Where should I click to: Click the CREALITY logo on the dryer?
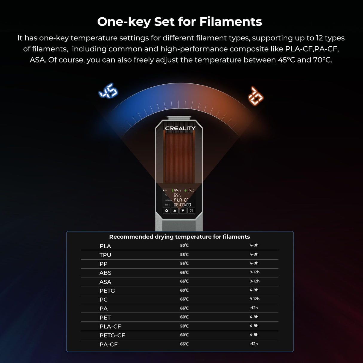pos(180,128)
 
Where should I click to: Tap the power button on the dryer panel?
pos(191,211)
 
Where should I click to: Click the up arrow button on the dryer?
pos(175,211)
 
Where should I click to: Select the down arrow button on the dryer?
pos(183,211)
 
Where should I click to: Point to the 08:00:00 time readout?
pos(182,205)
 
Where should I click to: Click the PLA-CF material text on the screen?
pos(181,200)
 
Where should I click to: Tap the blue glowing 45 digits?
pos(108,91)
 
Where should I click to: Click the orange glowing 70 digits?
pos(256,96)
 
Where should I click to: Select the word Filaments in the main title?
pos(231,22)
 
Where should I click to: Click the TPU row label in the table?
pos(105,255)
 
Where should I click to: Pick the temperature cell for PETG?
pos(184,290)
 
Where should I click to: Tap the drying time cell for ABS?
pos(254,272)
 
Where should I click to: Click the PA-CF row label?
pos(109,344)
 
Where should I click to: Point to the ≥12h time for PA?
pos(254,308)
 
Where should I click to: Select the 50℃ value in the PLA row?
pos(184,245)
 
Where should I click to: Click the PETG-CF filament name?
pos(112,335)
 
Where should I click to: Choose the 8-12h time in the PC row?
pos(254,299)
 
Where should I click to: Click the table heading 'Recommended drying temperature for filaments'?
pos(179,237)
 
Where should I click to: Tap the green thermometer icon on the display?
pos(173,190)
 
